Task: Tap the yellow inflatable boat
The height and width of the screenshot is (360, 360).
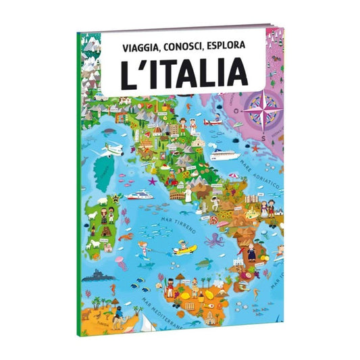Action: click(x=184, y=249)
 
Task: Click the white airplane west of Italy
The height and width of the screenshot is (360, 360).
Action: click(x=114, y=149)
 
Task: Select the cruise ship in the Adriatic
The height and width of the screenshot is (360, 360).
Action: click(x=225, y=154)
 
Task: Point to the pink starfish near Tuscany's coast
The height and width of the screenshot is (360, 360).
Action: click(x=153, y=181)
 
